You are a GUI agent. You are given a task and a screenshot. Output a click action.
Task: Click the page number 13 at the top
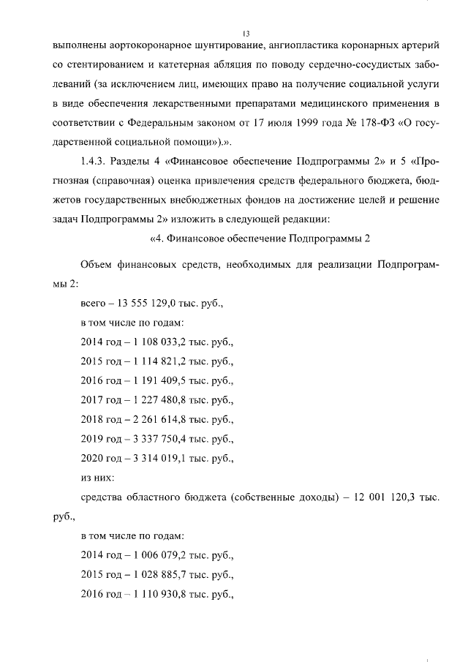click(246, 34)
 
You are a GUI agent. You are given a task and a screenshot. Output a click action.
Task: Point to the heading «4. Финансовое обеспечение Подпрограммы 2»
click(260, 237)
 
